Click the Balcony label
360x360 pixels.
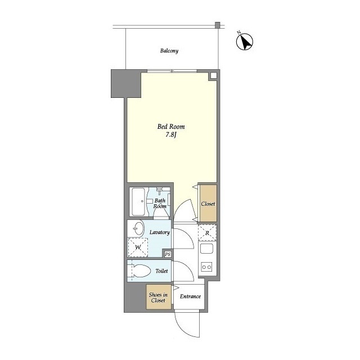click(x=169, y=51)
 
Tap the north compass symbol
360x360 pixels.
click(x=245, y=41)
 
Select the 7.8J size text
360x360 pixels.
click(x=171, y=135)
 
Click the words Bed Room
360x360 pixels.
click(x=171, y=127)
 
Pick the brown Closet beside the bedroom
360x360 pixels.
click(x=208, y=204)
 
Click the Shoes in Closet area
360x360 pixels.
click(x=159, y=297)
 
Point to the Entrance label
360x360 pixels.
click(x=190, y=296)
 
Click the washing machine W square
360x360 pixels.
click(x=138, y=247)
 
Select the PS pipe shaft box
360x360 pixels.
click(x=168, y=254)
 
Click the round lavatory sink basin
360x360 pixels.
click(x=139, y=228)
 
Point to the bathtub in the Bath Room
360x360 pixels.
click(x=137, y=201)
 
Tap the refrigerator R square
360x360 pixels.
click(x=207, y=233)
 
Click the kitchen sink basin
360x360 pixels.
click(x=206, y=249)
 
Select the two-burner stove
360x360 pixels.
click(x=206, y=267)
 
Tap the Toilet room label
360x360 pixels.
click(x=161, y=271)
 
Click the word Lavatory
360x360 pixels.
click(x=160, y=232)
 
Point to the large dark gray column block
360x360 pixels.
click(x=126, y=84)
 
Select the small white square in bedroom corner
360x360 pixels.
click(x=214, y=76)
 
